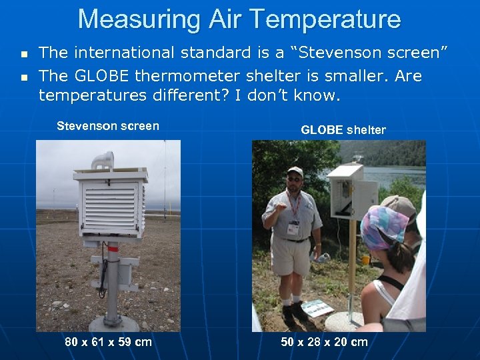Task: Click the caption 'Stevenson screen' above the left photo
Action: point(108,126)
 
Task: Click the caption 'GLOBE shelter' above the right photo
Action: point(343,130)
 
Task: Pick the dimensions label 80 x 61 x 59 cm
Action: point(108,342)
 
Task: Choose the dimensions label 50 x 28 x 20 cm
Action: point(324,342)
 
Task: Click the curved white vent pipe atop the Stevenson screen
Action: point(103,160)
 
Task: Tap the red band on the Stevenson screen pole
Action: point(113,247)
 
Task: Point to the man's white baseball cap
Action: point(295,171)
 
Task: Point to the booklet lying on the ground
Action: point(317,308)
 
